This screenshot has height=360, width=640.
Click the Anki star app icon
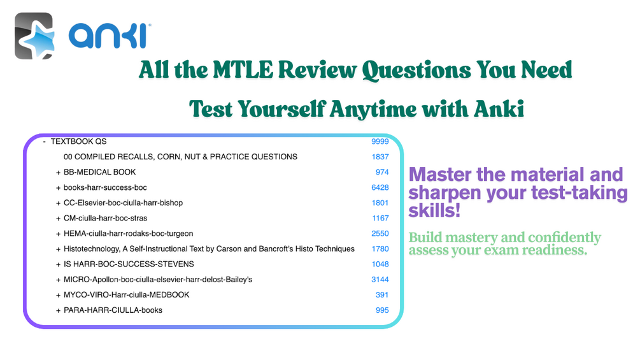pyautogui.click(x=34, y=36)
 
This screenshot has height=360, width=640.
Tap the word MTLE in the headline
pyautogui.click(x=243, y=70)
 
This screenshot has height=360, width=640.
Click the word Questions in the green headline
pyautogui.click(x=416, y=71)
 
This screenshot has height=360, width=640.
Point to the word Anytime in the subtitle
pyautogui.click(x=369, y=110)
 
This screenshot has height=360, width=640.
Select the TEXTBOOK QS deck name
pyautogui.click(x=78, y=141)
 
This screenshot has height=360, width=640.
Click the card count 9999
pyautogui.click(x=380, y=141)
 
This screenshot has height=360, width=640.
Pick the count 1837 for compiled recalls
pyautogui.click(x=380, y=157)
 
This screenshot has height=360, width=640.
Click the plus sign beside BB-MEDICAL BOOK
pyautogui.click(x=58, y=173)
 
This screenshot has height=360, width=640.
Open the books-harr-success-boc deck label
pyautogui.click(x=105, y=188)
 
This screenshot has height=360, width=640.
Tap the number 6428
pyautogui.click(x=380, y=188)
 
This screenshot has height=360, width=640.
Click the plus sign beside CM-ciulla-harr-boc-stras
pyautogui.click(x=58, y=219)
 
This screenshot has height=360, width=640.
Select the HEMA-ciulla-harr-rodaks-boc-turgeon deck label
pyautogui.click(x=128, y=233)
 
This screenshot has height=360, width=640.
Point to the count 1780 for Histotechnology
pyautogui.click(x=380, y=249)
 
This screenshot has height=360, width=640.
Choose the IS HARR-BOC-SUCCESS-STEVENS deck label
pyautogui.click(x=129, y=264)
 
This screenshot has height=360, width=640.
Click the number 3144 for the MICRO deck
pyautogui.click(x=380, y=280)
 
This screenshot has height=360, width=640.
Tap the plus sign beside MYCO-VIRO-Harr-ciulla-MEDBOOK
pyautogui.click(x=58, y=296)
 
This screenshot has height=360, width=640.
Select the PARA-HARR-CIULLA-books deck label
pyautogui.click(x=113, y=310)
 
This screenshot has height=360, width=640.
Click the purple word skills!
pyautogui.click(x=434, y=211)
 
